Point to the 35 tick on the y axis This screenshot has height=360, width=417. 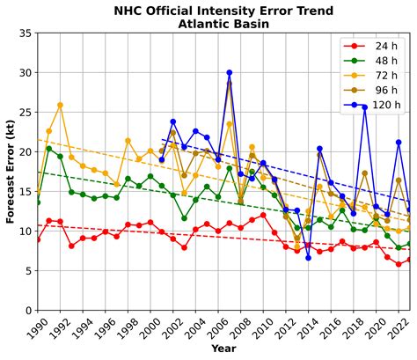point(26,33)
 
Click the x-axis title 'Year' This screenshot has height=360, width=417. point(223,349)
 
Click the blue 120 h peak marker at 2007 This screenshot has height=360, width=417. point(230,73)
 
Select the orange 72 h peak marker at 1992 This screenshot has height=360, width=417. point(60,106)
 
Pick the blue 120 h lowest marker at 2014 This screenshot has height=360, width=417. point(308,257)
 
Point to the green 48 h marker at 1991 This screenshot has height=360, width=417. point(49,149)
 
